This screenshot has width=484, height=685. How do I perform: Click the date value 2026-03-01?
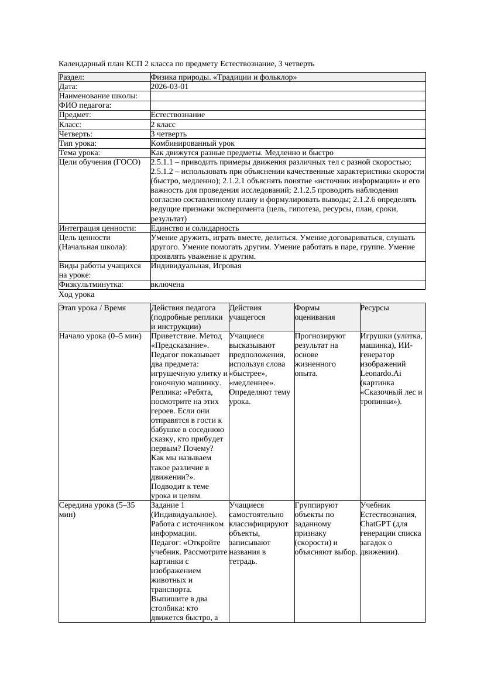point(170,87)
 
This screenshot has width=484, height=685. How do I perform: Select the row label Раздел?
point(72,77)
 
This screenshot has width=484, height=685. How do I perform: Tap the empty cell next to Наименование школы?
point(287,96)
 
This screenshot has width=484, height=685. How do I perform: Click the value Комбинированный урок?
point(193,143)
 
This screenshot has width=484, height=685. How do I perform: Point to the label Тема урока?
point(80,153)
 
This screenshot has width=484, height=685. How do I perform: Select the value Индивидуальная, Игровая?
point(195,266)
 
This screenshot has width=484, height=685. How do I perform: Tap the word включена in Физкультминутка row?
point(167,285)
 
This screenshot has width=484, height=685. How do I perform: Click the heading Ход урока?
point(77,295)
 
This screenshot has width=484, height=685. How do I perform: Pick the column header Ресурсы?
point(375,308)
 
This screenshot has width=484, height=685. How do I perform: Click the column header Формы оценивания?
point(315,313)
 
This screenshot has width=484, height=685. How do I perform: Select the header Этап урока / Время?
point(92,308)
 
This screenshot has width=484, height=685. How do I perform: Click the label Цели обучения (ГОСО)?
point(100,162)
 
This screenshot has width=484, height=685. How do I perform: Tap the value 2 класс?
point(163,125)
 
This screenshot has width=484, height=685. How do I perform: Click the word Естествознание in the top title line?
point(246,63)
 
